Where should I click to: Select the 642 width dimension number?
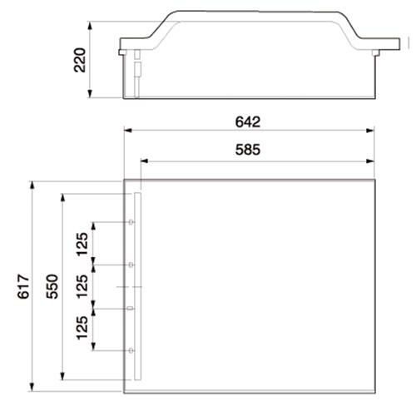coord(248,121)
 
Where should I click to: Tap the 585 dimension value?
coord(248,151)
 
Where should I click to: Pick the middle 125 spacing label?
coord(82,287)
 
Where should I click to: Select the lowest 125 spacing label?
coord(82,329)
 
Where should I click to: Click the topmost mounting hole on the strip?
coord(133,223)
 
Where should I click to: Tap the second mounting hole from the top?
coord(133,265)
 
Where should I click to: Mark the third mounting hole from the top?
coord(133,308)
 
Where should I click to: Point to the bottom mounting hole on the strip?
coord(133,350)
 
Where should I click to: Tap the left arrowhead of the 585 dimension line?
coord(144,160)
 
